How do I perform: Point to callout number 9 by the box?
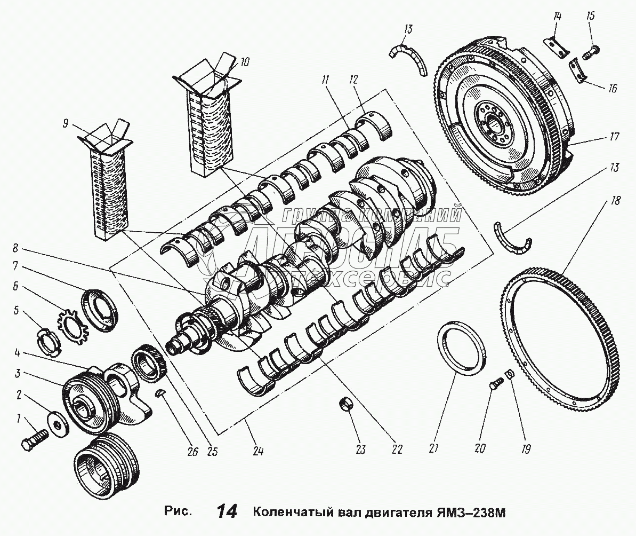(66, 124)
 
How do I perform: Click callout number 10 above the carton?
(244, 62)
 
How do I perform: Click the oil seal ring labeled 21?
(461, 350)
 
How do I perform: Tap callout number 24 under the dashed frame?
(259, 451)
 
